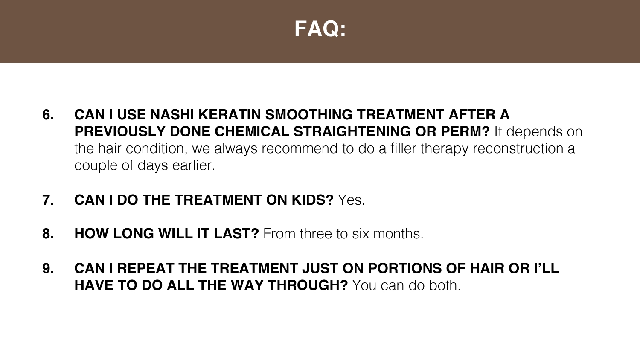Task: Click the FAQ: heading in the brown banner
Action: click(320, 29)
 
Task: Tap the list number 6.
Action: click(48, 115)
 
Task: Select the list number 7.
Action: click(48, 200)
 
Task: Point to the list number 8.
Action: click(48, 234)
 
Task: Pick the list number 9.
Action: click(48, 268)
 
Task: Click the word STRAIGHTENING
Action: click(352, 132)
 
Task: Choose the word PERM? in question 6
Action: click(465, 132)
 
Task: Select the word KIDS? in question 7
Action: click(313, 200)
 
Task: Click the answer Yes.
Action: click(352, 200)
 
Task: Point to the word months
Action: click(398, 234)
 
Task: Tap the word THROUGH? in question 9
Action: click(308, 285)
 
